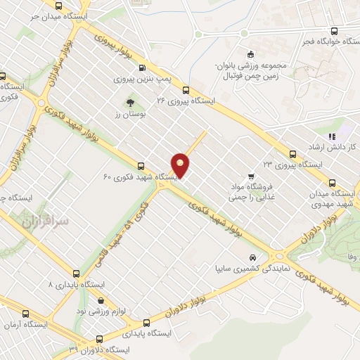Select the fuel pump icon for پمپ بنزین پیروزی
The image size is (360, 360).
(143, 69)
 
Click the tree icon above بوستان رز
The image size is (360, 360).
(130, 102)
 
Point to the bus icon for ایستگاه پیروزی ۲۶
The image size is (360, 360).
(186, 90)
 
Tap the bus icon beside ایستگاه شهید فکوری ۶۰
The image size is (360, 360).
(142, 167)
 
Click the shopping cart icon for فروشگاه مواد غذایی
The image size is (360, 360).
(252, 176)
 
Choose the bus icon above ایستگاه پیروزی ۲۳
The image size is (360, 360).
(292, 153)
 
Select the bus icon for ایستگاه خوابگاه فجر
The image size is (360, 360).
(333, 31)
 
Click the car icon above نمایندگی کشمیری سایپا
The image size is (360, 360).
(253, 257)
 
